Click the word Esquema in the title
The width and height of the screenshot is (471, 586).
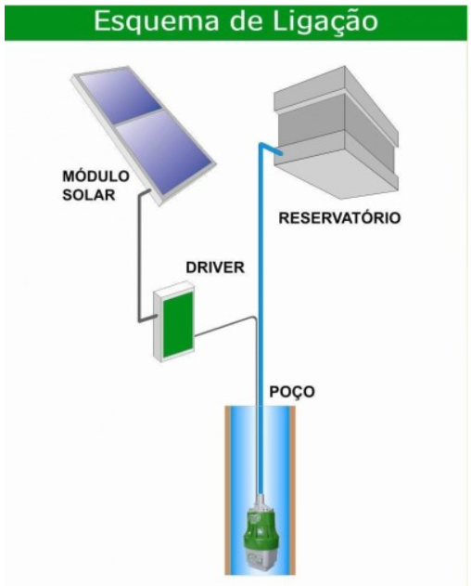click(x=157, y=21)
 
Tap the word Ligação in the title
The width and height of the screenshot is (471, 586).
click(x=325, y=21)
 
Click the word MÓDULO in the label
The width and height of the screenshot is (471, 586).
click(x=95, y=176)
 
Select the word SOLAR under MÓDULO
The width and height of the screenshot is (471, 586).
click(x=89, y=195)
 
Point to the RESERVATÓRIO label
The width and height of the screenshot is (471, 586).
click(x=339, y=217)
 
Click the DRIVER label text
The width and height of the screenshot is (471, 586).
click(x=215, y=267)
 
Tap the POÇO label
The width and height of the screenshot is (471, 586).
click(x=292, y=392)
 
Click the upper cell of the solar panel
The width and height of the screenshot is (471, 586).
click(x=121, y=97)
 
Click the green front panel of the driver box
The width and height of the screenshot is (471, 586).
click(x=178, y=324)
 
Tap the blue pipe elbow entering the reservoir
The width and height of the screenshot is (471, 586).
click(x=271, y=149)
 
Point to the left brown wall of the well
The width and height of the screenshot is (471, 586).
click(x=227, y=490)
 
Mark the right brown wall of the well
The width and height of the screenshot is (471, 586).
click(x=292, y=490)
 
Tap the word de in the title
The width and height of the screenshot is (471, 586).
click(x=247, y=21)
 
